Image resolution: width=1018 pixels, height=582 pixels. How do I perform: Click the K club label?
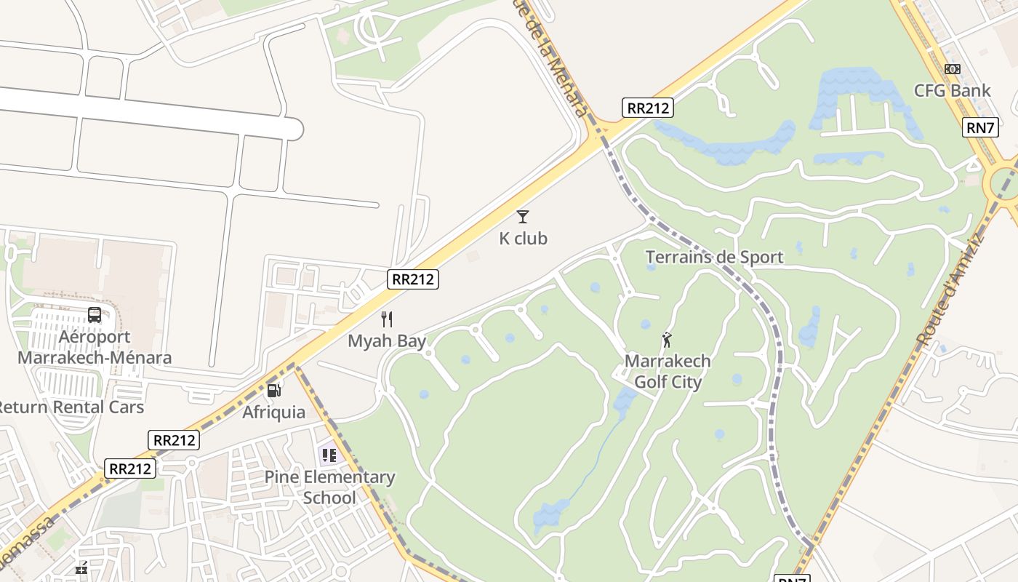[x=523, y=239]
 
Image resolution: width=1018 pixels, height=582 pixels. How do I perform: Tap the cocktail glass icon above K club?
[x=523, y=216]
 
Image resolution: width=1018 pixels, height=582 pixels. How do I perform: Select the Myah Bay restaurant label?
[x=387, y=340]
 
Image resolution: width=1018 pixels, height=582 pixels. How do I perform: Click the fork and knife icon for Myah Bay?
[x=387, y=319]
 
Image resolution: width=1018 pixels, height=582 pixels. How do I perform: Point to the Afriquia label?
[x=274, y=412]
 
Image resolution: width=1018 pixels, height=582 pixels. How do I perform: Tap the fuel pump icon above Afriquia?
[x=274, y=391]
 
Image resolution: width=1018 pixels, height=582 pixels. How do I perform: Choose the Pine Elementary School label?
[x=329, y=487]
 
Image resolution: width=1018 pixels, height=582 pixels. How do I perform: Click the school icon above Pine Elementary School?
[x=329, y=455]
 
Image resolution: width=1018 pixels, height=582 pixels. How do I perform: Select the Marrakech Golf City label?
[x=668, y=371]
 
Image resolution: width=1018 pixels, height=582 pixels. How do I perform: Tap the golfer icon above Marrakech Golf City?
[x=667, y=339]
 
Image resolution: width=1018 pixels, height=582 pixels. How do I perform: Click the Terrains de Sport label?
[x=714, y=257]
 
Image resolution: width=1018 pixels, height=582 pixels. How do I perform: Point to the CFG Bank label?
[x=952, y=91]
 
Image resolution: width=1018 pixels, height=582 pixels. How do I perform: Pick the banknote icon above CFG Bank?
[x=953, y=69]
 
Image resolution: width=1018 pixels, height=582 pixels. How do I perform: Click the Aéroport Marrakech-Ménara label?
[x=95, y=347]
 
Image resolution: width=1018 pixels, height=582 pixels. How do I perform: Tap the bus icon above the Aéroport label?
[x=95, y=315]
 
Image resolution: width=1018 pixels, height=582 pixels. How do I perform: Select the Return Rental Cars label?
[x=71, y=407]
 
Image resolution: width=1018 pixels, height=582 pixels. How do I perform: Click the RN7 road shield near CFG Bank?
[x=980, y=127]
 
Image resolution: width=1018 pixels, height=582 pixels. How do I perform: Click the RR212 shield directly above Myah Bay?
[x=413, y=279]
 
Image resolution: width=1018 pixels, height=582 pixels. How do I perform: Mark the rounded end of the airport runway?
[x=294, y=129]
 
